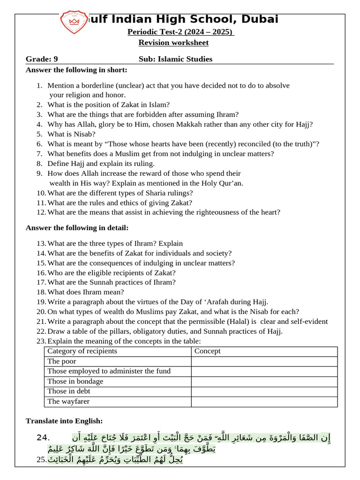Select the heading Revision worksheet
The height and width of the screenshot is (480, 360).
[173, 43]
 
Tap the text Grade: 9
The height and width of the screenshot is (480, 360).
[42, 59]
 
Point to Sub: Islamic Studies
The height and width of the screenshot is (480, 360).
[175, 59]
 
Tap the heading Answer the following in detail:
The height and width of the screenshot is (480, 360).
[77, 228]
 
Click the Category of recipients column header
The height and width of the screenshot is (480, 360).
[82, 351]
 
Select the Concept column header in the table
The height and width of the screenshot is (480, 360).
[207, 351]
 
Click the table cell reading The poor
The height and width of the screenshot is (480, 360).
[61, 361]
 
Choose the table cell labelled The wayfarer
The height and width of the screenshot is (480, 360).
[68, 401]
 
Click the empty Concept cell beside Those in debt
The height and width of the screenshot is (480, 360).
[264, 391]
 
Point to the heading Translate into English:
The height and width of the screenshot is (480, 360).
[64, 421]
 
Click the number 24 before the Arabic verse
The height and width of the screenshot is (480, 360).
[43, 438]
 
